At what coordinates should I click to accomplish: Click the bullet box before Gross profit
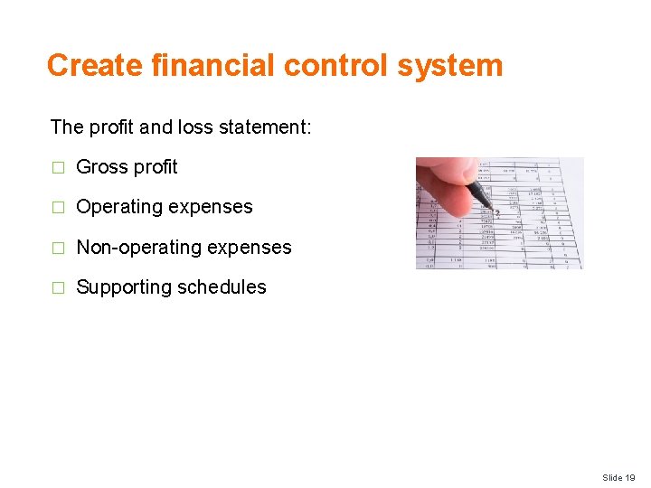pos(58,167)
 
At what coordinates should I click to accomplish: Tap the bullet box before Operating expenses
pos(58,207)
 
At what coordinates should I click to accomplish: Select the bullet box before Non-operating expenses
pos(58,248)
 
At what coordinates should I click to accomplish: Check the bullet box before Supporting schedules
pos(58,287)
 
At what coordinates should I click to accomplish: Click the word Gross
pos(101,167)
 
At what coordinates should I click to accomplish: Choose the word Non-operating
pos(131,248)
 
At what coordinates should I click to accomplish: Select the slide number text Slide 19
pos(618,477)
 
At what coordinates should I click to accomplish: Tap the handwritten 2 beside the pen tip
pos(496,214)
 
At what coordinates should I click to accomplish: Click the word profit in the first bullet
pos(156,167)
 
